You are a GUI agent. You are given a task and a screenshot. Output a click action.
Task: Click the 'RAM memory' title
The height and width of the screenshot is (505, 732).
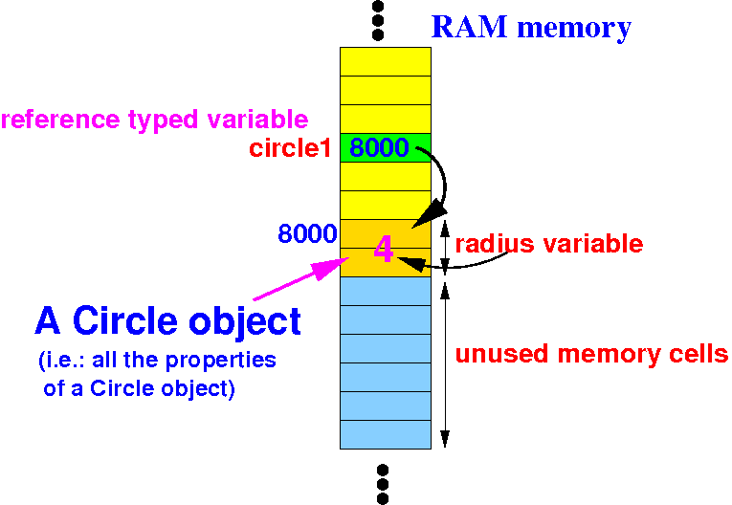click(x=531, y=27)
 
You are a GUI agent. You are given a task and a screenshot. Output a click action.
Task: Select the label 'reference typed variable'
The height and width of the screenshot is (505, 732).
click(x=154, y=121)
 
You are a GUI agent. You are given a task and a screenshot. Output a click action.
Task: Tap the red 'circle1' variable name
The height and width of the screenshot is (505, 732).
click(x=290, y=149)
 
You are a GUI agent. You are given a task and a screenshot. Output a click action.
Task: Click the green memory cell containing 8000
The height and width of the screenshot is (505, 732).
click(x=385, y=148)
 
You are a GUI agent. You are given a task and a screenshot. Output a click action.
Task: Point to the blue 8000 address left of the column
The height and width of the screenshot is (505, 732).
click(x=306, y=233)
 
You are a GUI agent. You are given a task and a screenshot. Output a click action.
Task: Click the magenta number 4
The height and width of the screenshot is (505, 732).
click(x=383, y=250)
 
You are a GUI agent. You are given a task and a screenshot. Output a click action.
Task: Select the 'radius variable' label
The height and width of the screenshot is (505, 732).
click(x=548, y=244)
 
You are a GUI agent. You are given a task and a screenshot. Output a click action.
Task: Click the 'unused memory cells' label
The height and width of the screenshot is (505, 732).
click(x=591, y=355)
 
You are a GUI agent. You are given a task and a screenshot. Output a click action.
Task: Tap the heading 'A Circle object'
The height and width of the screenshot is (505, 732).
click(x=168, y=321)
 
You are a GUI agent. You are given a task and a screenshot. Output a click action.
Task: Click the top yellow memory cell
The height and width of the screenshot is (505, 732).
click(x=385, y=62)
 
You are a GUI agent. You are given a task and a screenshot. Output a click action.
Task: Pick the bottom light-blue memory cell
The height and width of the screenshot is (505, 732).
click(x=385, y=434)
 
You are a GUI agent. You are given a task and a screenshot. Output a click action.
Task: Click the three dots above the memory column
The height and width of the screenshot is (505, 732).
click(x=378, y=20)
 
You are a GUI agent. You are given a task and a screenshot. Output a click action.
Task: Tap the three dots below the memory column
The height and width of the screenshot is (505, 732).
click(x=382, y=484)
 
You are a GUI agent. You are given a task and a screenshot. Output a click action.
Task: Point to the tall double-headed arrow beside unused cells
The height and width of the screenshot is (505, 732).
click(x=444, y=362)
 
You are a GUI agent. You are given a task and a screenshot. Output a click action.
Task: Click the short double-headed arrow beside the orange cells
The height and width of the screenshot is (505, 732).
click(x=444, y=248)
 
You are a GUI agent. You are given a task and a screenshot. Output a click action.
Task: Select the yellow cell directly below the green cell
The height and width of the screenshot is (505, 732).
click(x=385, y=177)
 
